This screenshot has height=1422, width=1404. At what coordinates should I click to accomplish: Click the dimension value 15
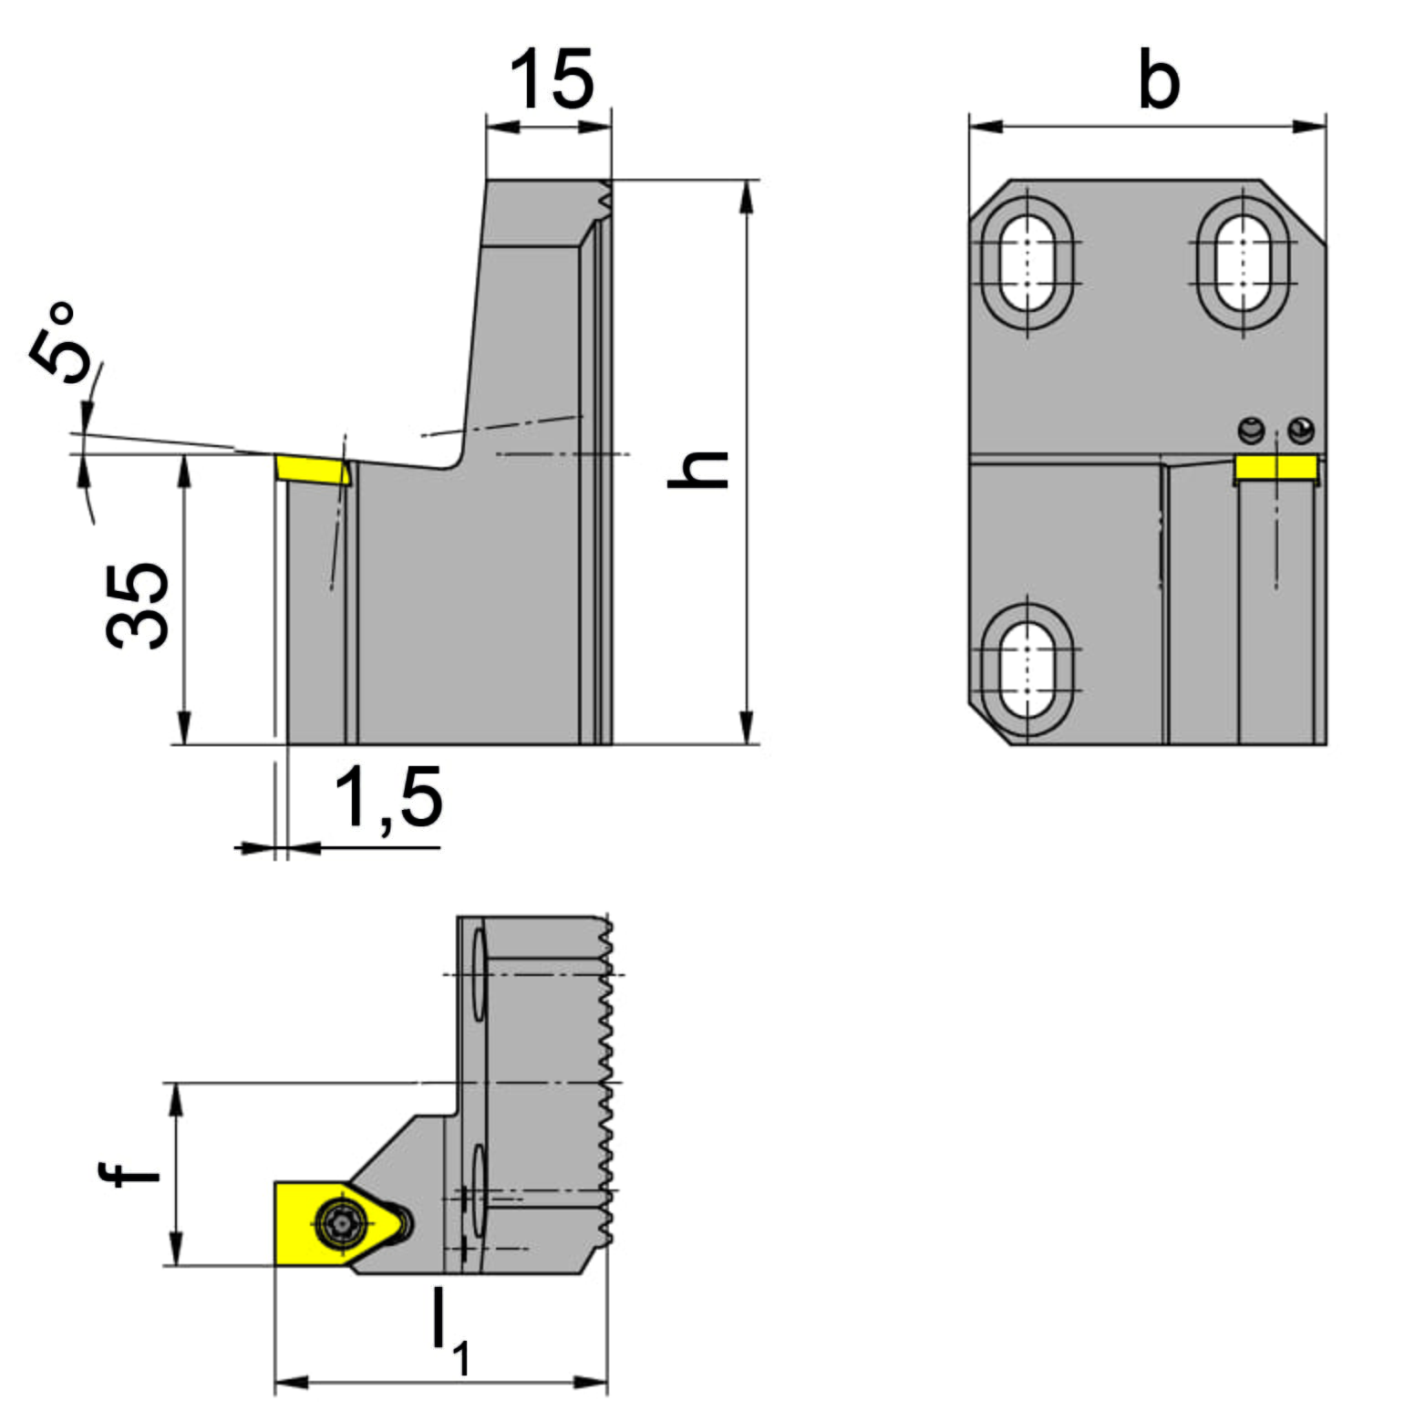tap(552, 79)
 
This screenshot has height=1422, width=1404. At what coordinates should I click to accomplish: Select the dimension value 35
tap(138, 606)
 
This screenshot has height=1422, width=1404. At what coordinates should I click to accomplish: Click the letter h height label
tap(697, 469)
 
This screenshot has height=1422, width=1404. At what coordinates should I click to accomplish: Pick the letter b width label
tap(1159, 79)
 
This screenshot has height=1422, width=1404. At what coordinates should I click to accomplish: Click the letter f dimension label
tap(129, 1172)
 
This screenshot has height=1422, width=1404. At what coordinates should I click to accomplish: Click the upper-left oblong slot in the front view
tap(1027, 264)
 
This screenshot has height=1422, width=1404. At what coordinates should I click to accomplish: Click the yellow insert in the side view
tap(313, 470)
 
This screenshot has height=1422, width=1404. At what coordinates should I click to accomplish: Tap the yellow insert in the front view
tap(1275, 468)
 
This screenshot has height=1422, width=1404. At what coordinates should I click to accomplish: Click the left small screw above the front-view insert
tap(1252, 430)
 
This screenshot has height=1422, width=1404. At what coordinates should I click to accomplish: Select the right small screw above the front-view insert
tap(1301, 430)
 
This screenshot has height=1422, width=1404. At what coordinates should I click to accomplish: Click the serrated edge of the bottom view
tap(604, 1081)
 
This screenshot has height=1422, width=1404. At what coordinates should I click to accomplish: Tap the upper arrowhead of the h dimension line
tap(747, 197)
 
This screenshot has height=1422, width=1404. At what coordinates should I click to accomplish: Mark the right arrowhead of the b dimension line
tap(1309, 126)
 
